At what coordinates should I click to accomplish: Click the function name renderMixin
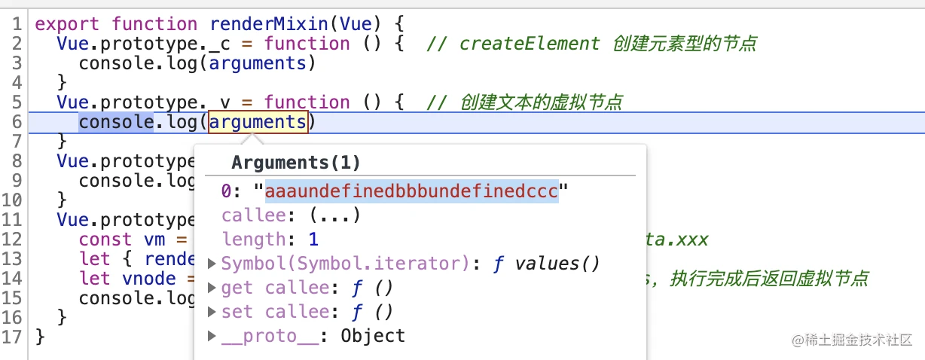269,24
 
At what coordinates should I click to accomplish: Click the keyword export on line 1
67,25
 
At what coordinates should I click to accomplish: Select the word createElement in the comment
530,44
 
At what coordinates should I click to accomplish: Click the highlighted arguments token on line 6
258,122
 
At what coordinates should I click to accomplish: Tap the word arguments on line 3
258,63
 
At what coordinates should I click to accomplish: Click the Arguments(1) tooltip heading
296,163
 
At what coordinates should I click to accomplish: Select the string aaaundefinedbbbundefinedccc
412,191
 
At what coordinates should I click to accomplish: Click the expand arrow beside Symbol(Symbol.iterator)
212,264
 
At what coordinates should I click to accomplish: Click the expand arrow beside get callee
212,288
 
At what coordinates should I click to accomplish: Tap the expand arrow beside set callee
212,311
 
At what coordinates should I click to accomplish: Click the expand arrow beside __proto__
212,336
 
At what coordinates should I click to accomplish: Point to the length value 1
313,239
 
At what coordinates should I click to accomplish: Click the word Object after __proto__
373,336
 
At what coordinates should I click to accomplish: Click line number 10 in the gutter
11,200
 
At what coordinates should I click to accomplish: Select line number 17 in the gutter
11,337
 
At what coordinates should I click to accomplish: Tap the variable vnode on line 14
149,279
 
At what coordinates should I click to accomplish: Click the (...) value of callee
335,215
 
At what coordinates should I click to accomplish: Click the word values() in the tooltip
557,264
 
